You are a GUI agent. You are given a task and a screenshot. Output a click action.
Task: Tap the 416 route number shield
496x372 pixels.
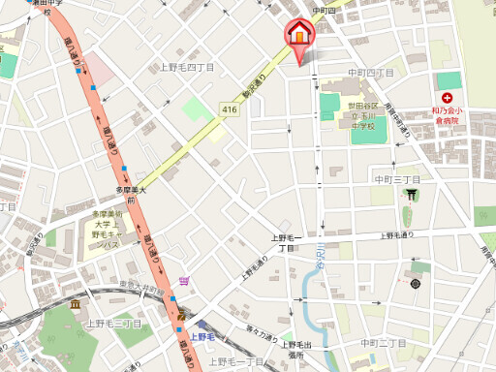coord(229,110)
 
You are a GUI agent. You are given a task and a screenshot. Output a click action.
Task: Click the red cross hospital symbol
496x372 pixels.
coord(447,99)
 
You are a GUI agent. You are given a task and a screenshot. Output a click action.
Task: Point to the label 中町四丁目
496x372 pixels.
coord(372,73)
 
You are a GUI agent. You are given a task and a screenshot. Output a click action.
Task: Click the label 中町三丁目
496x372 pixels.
coord(397,180)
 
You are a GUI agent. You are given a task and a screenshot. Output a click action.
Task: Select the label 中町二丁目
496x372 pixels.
coord(383,344)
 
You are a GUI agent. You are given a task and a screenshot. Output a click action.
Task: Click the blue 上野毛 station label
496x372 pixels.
coord(202,337)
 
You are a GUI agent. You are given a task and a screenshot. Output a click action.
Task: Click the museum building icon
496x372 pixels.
coord(76,306)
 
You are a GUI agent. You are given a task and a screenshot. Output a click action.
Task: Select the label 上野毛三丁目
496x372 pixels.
coord(113,324)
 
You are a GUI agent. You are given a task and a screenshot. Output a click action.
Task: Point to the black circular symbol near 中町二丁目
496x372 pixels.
coord(416,284)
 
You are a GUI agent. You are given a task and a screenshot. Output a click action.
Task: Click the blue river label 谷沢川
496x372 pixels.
coord(319,258)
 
